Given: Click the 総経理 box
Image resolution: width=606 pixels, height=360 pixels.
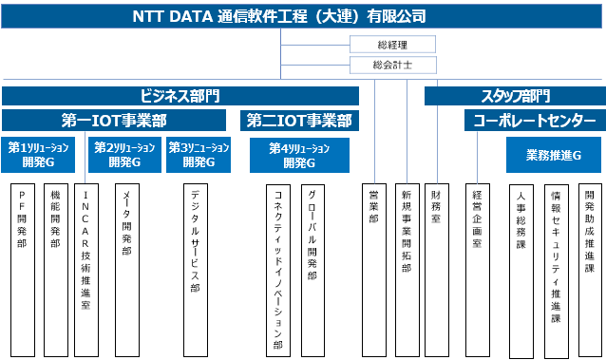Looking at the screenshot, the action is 392,44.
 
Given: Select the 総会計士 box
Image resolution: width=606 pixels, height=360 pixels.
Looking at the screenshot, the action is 393,65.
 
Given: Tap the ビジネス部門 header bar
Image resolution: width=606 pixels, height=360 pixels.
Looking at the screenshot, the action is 180,96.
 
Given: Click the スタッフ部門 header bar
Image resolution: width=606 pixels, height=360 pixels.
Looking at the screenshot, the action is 515,96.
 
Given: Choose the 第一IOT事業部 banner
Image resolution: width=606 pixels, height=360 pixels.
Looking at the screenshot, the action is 114,121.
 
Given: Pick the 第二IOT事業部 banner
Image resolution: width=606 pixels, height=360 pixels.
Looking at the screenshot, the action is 299,121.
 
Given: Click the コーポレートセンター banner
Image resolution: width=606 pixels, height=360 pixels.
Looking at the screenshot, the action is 535,121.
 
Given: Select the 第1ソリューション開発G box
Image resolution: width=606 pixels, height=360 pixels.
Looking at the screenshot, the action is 38,155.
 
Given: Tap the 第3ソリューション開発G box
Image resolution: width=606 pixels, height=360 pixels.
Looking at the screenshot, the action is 199,155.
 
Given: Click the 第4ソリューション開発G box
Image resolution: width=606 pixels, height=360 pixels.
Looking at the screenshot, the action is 299,156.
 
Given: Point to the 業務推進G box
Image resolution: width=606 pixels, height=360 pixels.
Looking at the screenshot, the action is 554,155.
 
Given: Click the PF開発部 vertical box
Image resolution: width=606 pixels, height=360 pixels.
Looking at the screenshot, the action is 23,270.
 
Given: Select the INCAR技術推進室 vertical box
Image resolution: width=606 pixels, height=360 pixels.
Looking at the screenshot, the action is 86,270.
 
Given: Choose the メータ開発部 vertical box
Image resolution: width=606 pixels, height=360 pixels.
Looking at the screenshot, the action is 127,270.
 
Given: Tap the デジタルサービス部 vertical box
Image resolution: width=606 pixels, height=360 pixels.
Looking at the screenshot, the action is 196,270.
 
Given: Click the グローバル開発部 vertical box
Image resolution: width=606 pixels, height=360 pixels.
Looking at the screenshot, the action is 312,271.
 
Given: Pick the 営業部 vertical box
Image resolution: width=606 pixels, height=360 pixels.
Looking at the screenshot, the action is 374,270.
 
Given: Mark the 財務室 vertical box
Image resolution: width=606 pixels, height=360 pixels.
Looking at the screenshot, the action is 437,270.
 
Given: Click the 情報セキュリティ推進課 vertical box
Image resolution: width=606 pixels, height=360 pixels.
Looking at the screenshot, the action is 557,272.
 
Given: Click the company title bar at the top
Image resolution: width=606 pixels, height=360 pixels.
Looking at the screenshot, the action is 301,16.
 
